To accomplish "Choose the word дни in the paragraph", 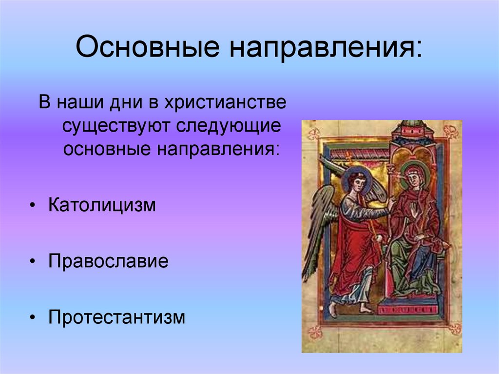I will point(120,104).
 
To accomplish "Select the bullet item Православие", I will point(108,261).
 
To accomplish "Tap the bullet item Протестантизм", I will point(117,317).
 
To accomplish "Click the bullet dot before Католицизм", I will point(32,205).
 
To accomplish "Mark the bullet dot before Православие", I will point(32,262).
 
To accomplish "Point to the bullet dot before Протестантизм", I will point(32,318).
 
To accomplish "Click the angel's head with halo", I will point(356,181).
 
